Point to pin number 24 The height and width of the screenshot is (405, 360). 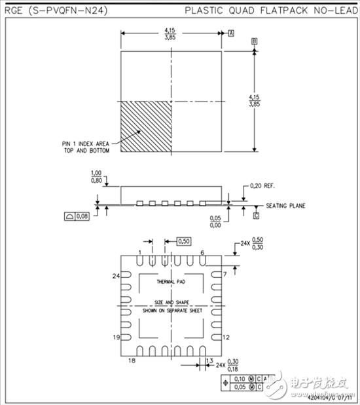tap(116, 277)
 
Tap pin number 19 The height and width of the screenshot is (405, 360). tap(115, 337)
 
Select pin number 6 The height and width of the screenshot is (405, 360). tap(204, 253)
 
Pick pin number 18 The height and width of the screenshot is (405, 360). tap(132, 361)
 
